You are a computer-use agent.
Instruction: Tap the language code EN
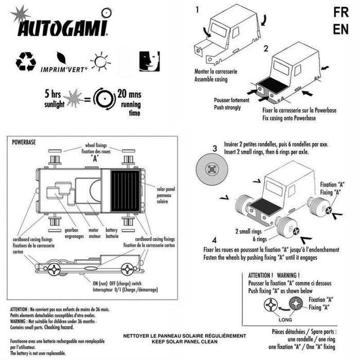click(x=340, y=29)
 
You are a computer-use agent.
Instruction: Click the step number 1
click(x=197, y=10)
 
